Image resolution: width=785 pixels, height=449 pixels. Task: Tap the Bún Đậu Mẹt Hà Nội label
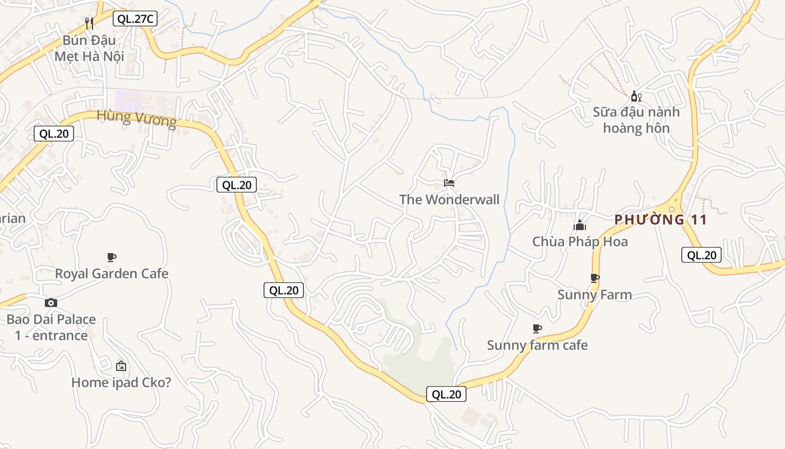click(89, 48)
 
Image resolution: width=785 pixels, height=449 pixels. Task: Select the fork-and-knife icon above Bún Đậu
click(89, 23)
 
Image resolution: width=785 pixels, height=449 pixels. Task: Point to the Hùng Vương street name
click(137, 118)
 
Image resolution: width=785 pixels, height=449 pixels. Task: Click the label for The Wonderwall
click(449, 200)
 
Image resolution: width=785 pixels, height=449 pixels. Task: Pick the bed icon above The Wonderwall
click(449, 183)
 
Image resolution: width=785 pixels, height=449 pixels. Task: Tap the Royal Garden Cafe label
click(112, 274)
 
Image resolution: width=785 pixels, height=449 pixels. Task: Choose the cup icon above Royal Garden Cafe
click(112, 257)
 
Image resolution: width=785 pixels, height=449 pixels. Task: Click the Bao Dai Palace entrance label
click(51, 328)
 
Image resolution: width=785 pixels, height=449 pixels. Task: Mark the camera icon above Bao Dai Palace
click(51, 303)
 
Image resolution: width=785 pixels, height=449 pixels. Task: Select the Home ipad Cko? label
click(121, 383)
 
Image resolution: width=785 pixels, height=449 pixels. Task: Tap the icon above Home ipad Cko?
click(121, 366)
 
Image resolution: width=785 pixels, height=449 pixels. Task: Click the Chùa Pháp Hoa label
click(580, 242)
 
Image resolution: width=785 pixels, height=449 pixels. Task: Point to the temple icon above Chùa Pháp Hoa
click(580, 226)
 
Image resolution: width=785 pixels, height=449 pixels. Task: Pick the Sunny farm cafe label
click(537, 345)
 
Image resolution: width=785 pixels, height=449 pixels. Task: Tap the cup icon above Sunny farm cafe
click(537, 328)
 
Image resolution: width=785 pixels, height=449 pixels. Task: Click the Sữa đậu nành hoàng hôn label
click(636, 120)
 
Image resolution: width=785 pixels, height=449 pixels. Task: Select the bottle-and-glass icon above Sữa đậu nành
click(636, 97)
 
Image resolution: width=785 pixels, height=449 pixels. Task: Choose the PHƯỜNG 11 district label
click(661, 219)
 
